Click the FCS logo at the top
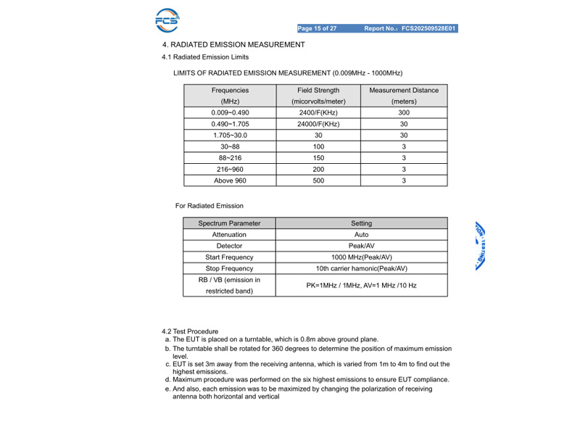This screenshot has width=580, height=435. (167, 20)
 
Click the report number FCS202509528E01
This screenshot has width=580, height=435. (429, 29)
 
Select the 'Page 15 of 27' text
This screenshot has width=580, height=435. (317, 29)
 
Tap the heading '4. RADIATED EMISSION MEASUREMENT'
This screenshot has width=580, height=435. (233, 45)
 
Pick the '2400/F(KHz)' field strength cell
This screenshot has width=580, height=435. (318, 113)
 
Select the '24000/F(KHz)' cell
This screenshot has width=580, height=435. (318, 124)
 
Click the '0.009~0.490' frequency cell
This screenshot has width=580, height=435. (230, 113)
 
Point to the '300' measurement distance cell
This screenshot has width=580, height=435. (404, 113)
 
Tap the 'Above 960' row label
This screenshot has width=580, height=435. (230, 181)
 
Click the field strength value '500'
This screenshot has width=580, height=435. (318, 181)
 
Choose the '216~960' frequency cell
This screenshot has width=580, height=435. (230, 169)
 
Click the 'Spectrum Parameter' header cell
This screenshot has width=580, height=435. (229, 223)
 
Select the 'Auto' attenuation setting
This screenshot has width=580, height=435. (361, 235)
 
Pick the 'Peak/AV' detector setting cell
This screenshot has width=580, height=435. (361, 246)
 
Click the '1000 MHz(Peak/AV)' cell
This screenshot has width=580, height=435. (361, 257)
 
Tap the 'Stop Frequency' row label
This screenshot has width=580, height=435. (229, 268)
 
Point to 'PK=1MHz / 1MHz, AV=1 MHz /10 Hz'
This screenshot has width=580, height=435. (361, 286)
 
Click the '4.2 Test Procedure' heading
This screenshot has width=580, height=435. (190, 331)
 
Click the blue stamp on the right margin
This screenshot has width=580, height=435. (480, 246)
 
